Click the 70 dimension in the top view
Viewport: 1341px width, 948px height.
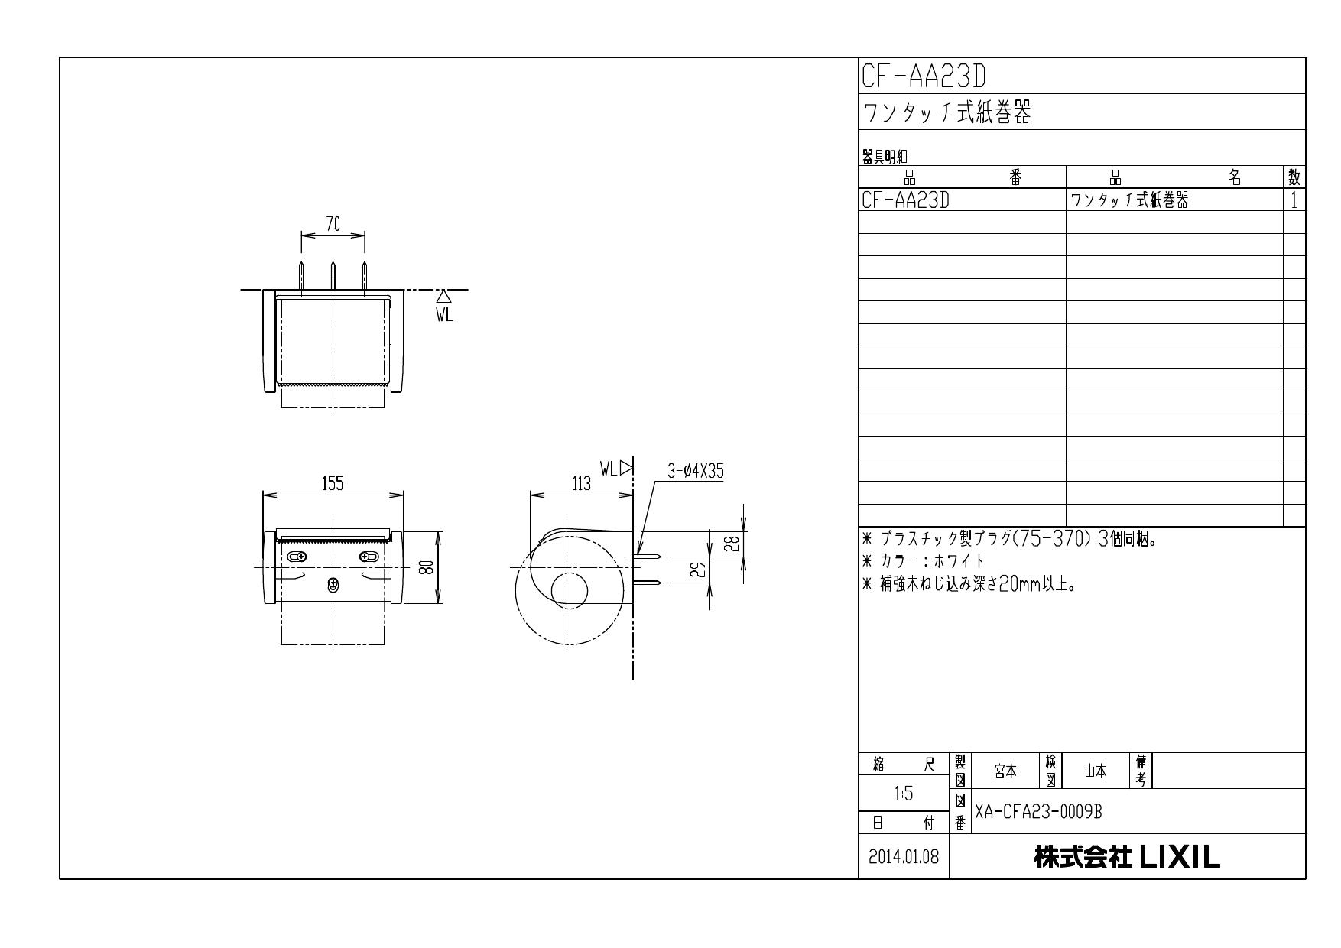pos(333,224)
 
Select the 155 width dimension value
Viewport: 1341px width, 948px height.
pos(333,483)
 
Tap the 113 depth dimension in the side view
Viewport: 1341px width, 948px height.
pos(581,483)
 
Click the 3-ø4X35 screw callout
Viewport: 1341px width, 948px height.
pos(696,472)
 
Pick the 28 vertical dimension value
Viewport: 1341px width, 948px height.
pos(732,544)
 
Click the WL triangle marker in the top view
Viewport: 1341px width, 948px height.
pos(443,297)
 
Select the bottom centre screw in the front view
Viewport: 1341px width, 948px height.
pos(333,585)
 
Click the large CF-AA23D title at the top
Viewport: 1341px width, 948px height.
pos(924,76)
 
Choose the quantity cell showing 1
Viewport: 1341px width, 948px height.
pos(1294,201)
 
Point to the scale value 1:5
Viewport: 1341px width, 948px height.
pos(904,794)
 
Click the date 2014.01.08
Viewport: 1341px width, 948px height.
pos(904,857)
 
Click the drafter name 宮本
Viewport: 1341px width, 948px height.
pos(1005,772)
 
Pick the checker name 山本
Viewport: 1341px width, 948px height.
pos(1096,772)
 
